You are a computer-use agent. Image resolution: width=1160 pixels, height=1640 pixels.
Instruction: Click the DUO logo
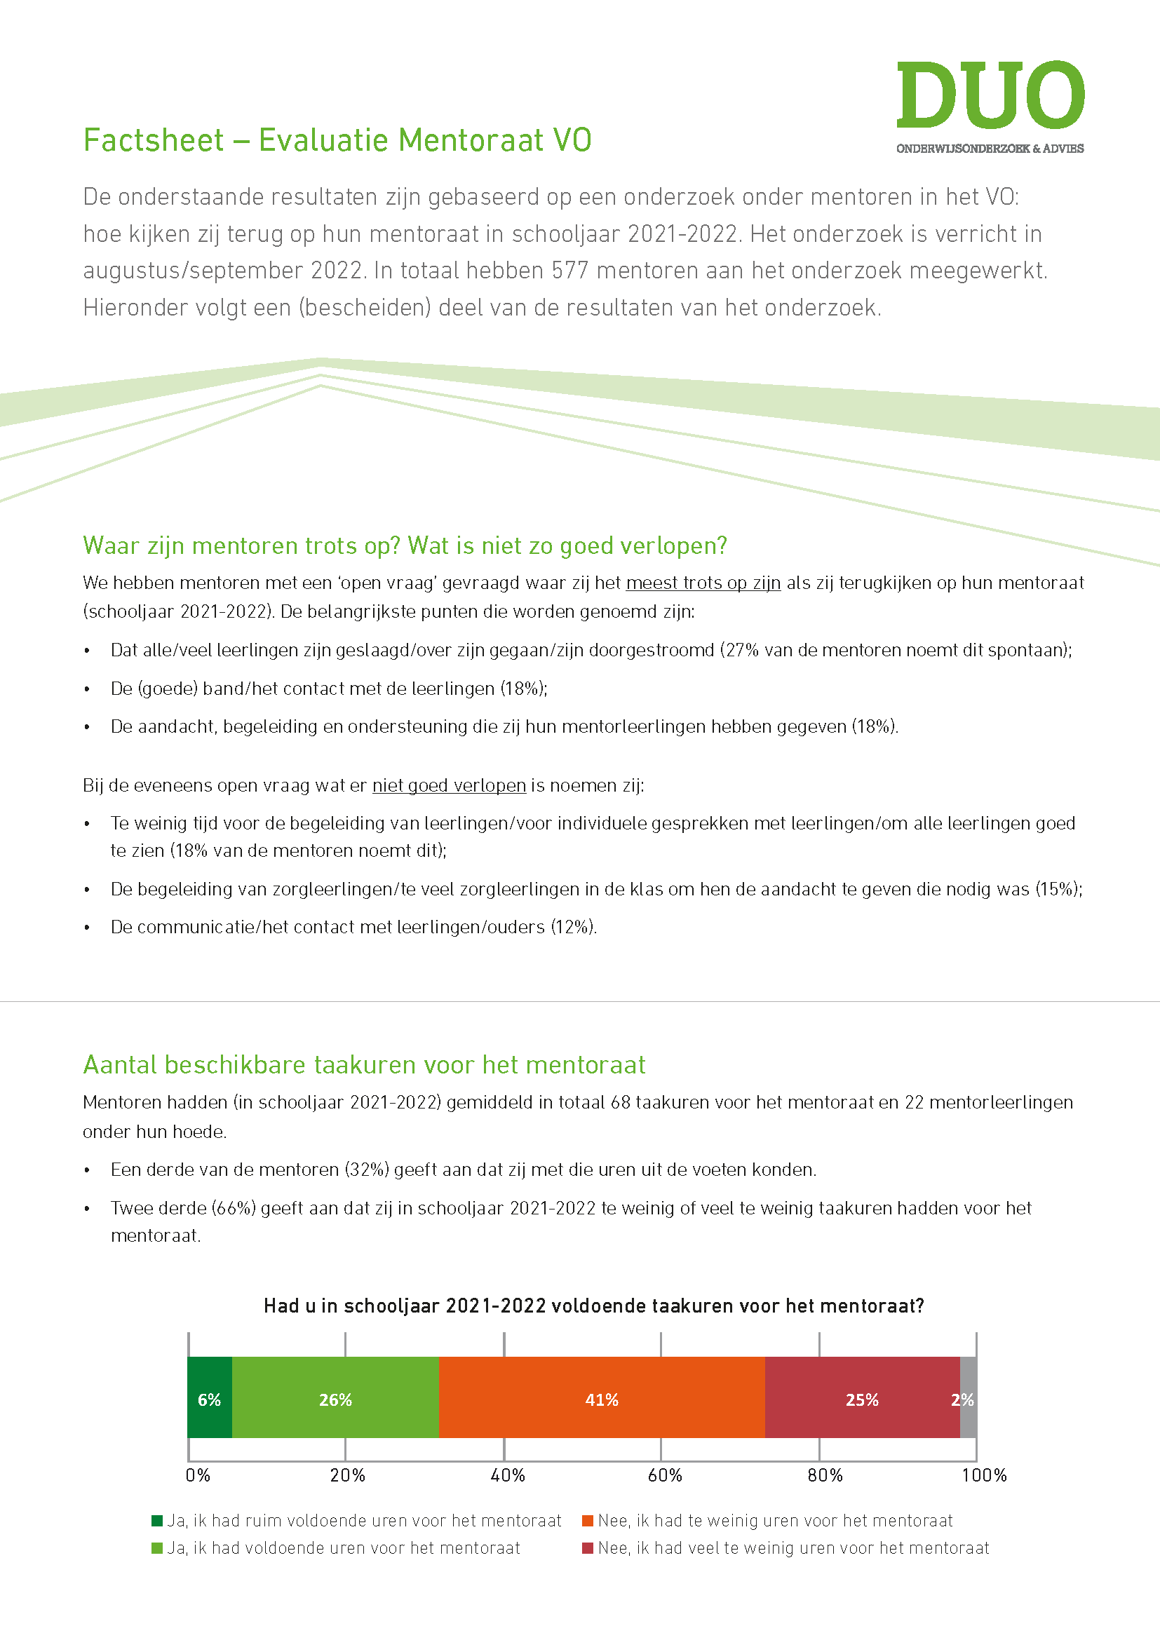click(x=990, y=106)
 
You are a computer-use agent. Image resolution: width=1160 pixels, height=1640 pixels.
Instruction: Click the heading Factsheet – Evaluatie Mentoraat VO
click(x=337, y=141)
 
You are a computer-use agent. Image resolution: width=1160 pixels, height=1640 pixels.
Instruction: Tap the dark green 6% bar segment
click(x=209, y=1400)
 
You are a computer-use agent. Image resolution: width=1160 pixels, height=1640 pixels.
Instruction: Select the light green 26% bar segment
click(x=335, y=1400)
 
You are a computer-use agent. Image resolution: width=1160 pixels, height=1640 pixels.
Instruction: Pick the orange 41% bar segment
click(x=602, y=1400)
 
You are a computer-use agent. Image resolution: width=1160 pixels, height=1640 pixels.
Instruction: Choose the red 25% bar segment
click(x=861, y=1400)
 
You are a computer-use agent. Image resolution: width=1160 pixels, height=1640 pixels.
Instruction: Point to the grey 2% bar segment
click(x=968, y=1400)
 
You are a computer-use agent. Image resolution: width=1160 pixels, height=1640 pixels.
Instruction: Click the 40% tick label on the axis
click(x=507, y=1475)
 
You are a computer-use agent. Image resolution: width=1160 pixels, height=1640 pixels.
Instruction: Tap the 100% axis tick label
click(x=983, y=1475)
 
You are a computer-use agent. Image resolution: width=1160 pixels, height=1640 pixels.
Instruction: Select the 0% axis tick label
click(x=198, y=1475)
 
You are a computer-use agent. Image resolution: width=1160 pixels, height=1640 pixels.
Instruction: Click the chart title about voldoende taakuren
click(x=593, y=1306)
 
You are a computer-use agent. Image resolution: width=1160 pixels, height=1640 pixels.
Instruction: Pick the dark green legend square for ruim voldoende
click(x=157, y=1521)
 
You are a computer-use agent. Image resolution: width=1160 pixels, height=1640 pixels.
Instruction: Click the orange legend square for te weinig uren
click(x=588, y=1521)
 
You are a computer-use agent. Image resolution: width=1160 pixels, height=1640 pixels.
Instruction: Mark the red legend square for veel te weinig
click(x=588, y=1548)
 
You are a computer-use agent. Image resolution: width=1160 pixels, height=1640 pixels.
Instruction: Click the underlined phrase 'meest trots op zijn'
click(x=703, y=583)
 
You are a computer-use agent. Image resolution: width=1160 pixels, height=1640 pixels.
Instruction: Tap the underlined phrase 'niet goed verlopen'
click(x=449, y=786)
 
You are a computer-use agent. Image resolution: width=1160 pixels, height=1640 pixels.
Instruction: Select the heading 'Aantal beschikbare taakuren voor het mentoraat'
click(x=363, y=1065)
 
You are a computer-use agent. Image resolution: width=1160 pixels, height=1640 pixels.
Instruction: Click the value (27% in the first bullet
click(x=739, y=651)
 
